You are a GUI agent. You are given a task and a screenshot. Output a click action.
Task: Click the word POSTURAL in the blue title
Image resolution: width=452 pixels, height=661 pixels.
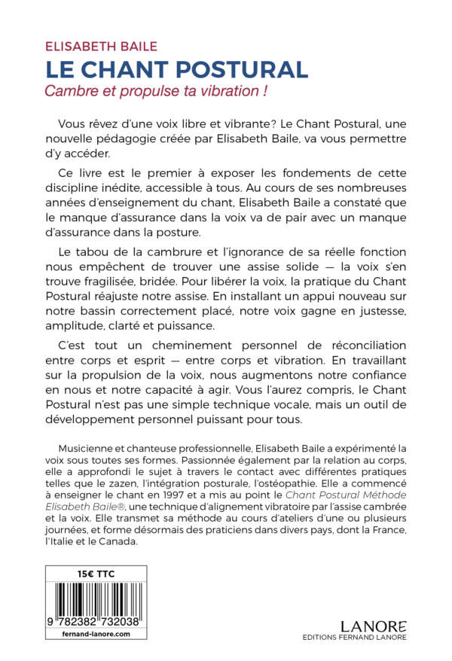click(240, 69)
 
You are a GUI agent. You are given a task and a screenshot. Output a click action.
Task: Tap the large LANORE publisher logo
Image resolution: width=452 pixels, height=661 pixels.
click(374, 627)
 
